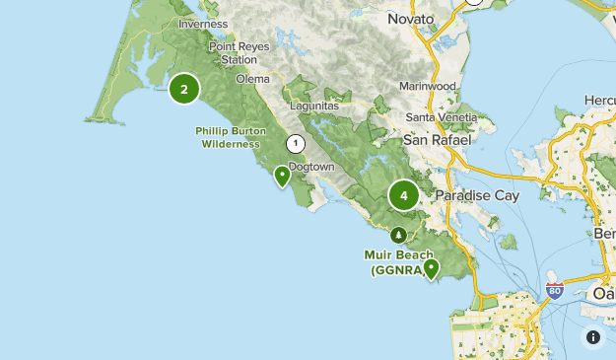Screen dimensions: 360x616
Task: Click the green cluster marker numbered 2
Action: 184,89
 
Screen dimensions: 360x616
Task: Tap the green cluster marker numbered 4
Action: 403,195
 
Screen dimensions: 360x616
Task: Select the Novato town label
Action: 411,20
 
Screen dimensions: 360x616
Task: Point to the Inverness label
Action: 204,24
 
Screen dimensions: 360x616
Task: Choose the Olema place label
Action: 252,78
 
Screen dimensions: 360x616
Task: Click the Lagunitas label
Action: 315,106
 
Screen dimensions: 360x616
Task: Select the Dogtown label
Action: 315,168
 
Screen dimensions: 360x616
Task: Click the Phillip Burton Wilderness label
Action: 231,136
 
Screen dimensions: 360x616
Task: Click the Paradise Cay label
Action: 477,195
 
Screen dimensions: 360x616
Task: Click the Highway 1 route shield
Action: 295,144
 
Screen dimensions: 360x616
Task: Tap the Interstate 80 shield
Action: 555,292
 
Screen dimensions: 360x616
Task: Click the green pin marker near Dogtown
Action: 283,177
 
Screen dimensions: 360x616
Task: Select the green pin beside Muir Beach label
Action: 431,267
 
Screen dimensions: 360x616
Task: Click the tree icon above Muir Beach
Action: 398,235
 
